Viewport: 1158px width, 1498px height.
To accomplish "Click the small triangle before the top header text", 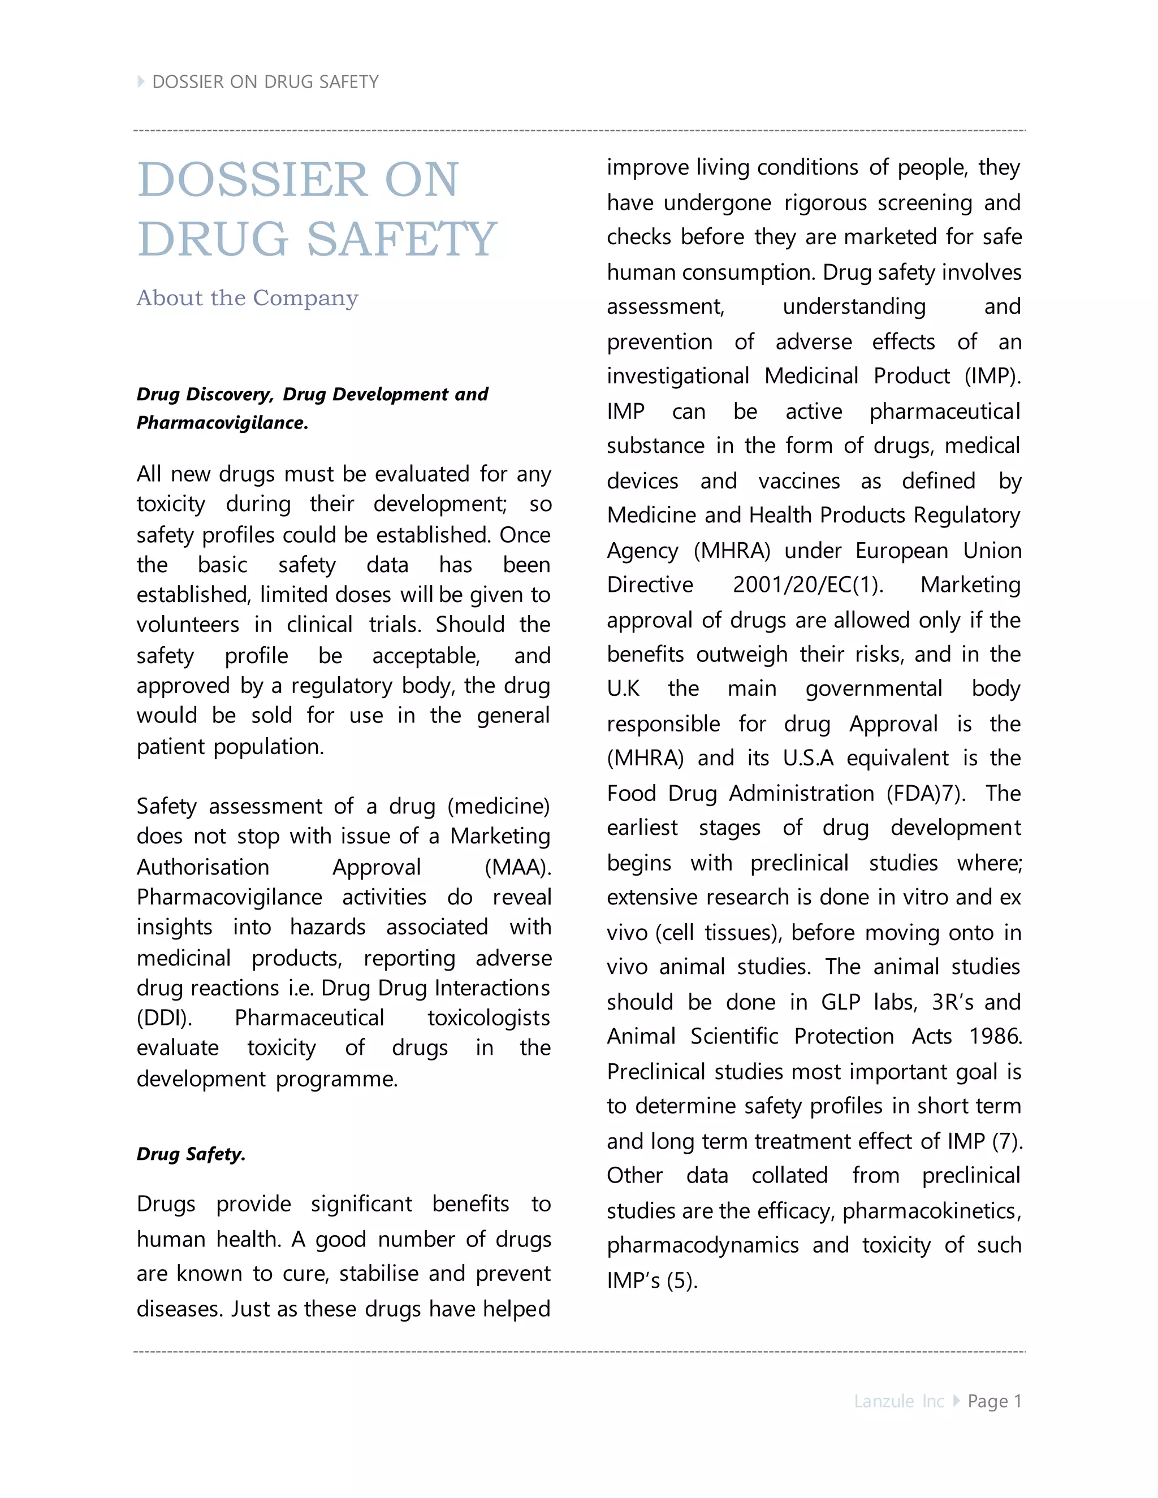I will (x=141, y=81).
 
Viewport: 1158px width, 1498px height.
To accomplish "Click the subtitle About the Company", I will (x=247, y=298).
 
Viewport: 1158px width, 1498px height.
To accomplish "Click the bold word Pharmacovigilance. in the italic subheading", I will (x=222, y=422).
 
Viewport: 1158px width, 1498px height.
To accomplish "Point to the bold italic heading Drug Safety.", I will (x=191, y=1154).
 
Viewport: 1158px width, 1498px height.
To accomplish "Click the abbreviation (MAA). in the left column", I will (x=517, y=867).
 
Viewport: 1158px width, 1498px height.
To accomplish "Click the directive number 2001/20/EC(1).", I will (x=807, y=585).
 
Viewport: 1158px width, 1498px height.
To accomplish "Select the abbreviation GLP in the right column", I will (x=840, y=1002).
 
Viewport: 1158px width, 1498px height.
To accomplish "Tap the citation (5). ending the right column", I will (x=682, y=1280).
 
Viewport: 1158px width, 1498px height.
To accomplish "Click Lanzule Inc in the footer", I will (x=898, y=1401).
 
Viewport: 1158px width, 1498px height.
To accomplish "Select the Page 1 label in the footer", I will (x=994, y=1401).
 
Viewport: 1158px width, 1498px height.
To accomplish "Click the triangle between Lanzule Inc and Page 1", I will (x=956, y=1401).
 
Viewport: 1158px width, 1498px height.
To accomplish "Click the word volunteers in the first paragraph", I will (x=187, y=624).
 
